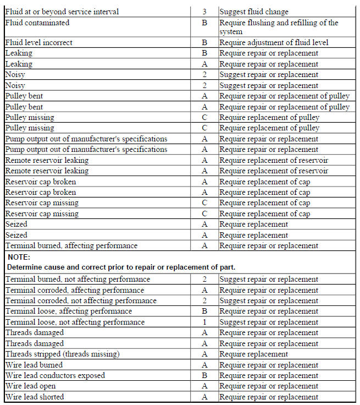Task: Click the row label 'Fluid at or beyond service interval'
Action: click(62, 12)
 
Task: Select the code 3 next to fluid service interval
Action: click(204, 12)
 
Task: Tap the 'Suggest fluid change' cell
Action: click(253, 12)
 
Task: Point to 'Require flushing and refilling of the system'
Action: click(278, 27)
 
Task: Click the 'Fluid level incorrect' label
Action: click(38, 42)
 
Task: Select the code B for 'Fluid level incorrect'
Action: click(204, 42)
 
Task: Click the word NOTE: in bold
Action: click(19, 257)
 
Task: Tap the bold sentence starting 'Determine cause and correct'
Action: click(121, 267)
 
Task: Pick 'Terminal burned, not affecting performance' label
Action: click(77, 279)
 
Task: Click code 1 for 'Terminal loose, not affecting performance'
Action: click(204, 322)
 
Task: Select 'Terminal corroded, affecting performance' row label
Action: click(74, 290)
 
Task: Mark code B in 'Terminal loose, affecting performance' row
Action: click(204, 311)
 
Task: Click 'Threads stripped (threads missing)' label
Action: click(62, 354)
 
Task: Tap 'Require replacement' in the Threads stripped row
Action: click(253, 354)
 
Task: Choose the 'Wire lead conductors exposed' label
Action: click(55, 376)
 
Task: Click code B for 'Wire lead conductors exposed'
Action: click(204, 376)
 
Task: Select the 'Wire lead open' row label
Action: click(30, 386)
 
